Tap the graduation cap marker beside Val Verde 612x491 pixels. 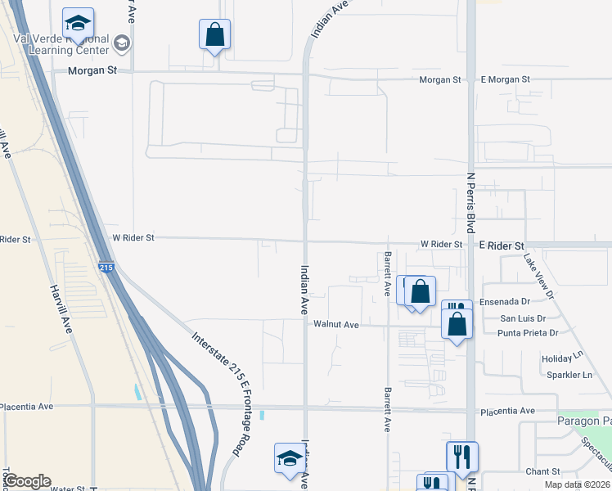click(79, 25)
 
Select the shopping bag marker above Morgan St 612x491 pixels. click(214, 35)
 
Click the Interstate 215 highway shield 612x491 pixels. click(106, 268)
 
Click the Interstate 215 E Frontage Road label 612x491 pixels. click(218, 393)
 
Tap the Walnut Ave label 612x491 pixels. click(336, 325)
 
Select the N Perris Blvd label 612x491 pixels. click(470, 201)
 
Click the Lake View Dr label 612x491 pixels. click(539, 275)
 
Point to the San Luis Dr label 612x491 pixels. click(524, 318)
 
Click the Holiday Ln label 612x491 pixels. click(560, 359)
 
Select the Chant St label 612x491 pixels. click(542, 471)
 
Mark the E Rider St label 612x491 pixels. click(502, 245)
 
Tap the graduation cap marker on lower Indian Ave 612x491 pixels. click(289, 459)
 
